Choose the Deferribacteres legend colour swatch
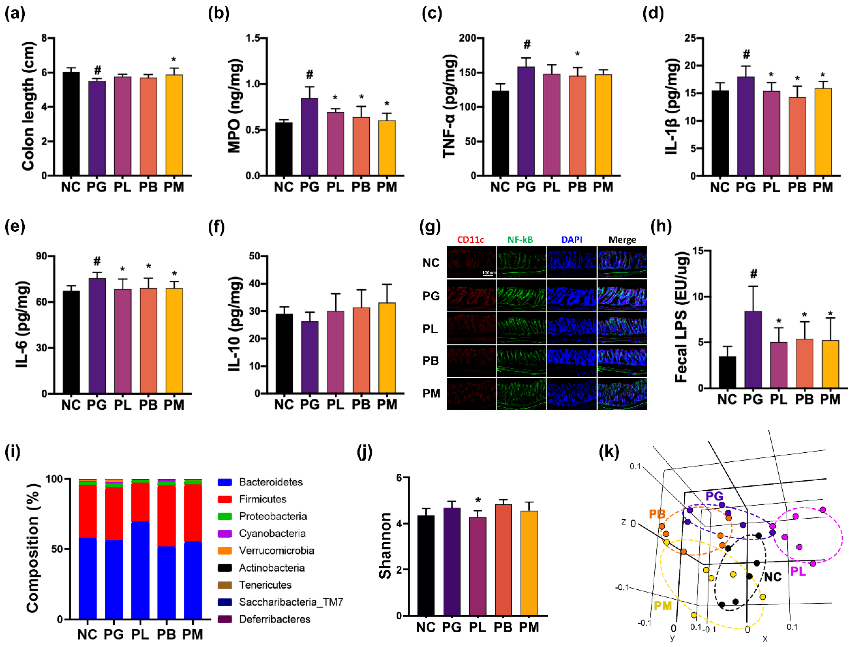pyautogui.click(x=224, y=619)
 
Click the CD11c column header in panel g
pyautogui.click(x=471, y=240)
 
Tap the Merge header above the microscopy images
pyautogui.click(x=622, y=240)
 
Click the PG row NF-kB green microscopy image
pyautogui.click(x=521, y=296)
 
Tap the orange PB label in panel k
pyautogui.click(x=657, y=514)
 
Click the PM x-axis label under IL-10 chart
pyautogui.click(x=387, y=405)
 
